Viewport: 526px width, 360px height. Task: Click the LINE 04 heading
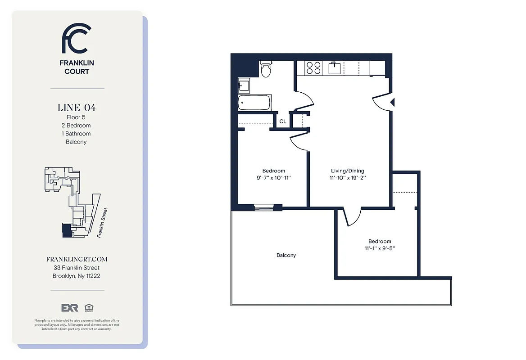click(x=77, y=108)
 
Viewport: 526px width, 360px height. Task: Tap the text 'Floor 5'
click(x=77, y=117)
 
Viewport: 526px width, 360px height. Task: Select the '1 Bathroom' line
click(x=77, y=134)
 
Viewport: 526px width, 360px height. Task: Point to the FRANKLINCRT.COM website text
click(x=77, y=260)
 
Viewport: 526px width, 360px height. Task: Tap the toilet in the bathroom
click(x=266, y=69)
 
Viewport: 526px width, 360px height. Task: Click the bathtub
click(x=254, y=103)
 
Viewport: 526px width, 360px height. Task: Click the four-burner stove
click(x=313, y=68)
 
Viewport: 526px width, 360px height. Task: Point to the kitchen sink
click(x=335, y=68)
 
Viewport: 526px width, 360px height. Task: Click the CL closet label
click(x=283, y=121)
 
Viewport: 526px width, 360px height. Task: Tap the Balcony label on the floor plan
click(x=286, y=256)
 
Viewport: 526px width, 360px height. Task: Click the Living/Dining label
click(x=348, y=171)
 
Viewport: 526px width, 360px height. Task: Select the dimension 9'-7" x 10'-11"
click(x=274, y=178)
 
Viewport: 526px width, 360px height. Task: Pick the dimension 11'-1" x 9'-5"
click(x=380, y=248)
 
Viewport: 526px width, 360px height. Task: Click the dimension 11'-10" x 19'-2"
click(x=348, y=178)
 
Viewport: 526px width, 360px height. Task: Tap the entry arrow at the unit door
click(x=392, y=103)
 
